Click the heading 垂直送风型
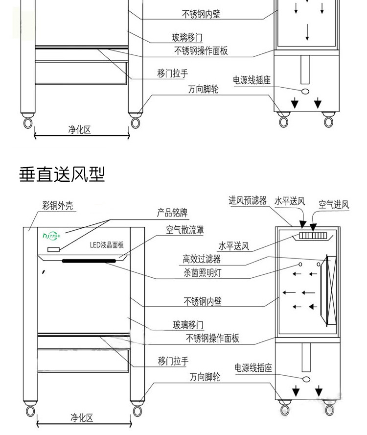[x=62, y=174]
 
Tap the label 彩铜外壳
[x=58, y=206]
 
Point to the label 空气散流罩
[x=184, y=229]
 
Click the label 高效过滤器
[x=202, y=260]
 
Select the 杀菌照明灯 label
[x=202, y=273]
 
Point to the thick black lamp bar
[x=92, y=261]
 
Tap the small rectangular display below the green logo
[x=53, y=250]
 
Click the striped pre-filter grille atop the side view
[x=313, y=236]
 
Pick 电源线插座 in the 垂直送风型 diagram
[x=253, y=368]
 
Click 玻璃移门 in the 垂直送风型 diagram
[x=188, y=325]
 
